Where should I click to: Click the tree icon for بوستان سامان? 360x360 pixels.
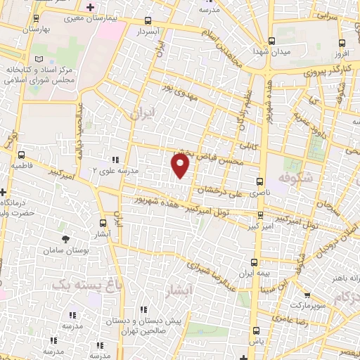coord(66,239)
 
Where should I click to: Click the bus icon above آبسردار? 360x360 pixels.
coord(149,21)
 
